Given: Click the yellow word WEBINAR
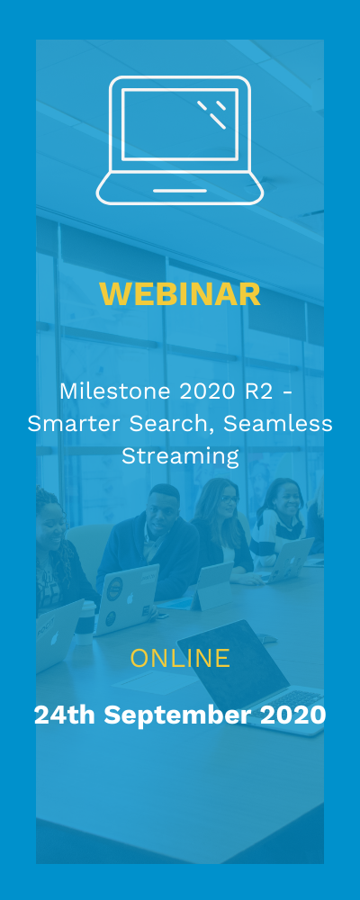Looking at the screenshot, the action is (x=180, y=294).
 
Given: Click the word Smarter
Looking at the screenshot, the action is (x=74, y=424).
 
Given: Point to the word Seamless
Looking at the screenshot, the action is (x=277, y=424).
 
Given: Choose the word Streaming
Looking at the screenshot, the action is (x=180, y=457).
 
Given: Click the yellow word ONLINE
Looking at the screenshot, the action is (x=180, y=659).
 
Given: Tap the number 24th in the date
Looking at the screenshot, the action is (x=64, y=715).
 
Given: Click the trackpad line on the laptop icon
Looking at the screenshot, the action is (x=180, y=191).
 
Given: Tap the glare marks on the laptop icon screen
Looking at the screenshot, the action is (x=211, y=114).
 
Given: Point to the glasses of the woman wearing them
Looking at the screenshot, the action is (x=229, y=499).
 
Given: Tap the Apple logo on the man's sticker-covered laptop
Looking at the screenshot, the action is (x=130, y=598).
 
